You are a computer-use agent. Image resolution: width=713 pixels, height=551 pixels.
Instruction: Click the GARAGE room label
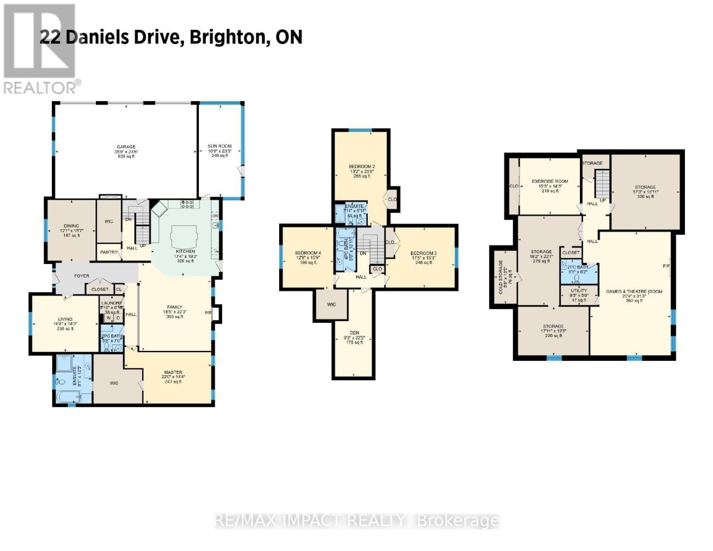click(125, 147)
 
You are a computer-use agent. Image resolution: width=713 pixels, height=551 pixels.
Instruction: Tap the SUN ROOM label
click(219, 146)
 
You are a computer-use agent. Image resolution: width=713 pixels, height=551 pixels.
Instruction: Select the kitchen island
click(183, 236)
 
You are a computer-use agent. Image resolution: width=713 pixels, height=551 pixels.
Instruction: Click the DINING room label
click(72, 226)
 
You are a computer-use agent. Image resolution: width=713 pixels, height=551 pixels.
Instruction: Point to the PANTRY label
click(109, 252)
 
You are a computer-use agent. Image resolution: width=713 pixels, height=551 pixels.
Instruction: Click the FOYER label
click(82, 276)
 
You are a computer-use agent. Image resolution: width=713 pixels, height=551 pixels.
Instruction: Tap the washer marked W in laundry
click(109, 318)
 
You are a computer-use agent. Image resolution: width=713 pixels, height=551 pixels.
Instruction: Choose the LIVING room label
click(65, 319)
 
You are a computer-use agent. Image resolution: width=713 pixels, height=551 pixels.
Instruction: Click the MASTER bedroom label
click(173, 372)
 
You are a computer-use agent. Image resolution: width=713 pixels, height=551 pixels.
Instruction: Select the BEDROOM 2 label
click(362, 167)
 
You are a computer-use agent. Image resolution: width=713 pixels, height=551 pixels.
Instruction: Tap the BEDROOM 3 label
click(423, 253)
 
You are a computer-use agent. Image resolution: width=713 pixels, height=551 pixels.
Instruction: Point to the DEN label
click(354, 333)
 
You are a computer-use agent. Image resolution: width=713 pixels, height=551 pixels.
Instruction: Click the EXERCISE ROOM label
click(550, 181)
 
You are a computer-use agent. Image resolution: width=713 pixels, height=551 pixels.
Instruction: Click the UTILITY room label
click(579, 291)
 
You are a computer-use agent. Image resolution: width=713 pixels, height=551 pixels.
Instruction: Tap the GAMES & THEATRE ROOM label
click(634, 292)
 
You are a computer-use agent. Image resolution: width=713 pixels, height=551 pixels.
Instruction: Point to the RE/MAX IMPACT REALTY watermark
click(357, 520)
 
